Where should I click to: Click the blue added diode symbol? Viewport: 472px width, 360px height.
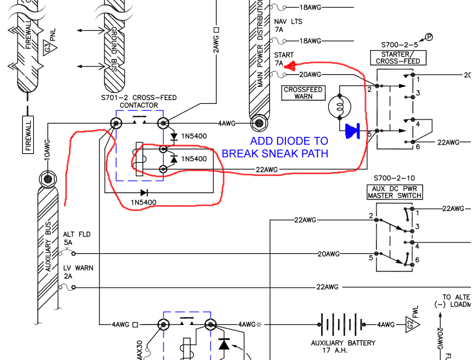click(352, 129)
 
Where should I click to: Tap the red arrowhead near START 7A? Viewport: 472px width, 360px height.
click(289, 66)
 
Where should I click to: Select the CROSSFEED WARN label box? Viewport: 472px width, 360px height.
click(304, 93)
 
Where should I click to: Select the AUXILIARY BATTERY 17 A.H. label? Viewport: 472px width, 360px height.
click(343, 347)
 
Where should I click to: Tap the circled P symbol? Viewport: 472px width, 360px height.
click(430, 37)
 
